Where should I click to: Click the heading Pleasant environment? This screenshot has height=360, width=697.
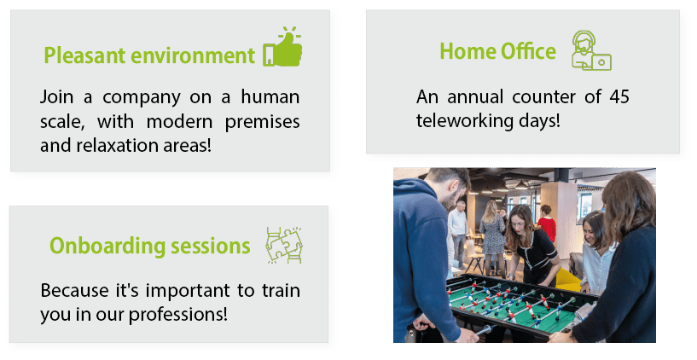149,55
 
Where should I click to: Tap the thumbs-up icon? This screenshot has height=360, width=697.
282,47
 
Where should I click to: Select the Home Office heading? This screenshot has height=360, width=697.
498,50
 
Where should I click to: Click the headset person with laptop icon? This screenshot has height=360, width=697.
591,50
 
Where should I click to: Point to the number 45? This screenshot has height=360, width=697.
619,96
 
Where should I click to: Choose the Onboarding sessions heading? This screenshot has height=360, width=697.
150,246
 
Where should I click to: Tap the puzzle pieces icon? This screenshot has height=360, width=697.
284,246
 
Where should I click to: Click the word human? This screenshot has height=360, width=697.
270,96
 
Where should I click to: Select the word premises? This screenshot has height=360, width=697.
262,122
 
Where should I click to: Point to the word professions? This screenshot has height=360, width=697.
178,315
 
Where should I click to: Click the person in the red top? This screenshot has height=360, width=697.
546,224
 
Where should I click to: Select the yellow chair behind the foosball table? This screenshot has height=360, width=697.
568,280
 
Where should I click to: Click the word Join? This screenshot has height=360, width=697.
56,96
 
